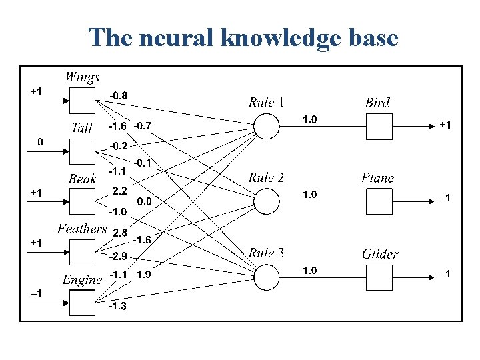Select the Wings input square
[x=83, y=101]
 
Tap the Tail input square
[x=83, y=151]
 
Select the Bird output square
[x=378, y=126]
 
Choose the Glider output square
[x=378, y=277]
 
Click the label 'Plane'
[x=377, y=178]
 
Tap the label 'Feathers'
[x=82, y=229]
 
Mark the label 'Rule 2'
[x=266, y=177]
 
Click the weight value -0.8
[x=118, y=95]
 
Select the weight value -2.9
[x=117, y=257]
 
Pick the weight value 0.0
[x=144, y=201]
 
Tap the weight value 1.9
[x=143, y=274]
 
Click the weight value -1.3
[x=117, y=306]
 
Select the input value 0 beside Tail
[x=40, y=142]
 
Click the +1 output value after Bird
[x=444, y=125]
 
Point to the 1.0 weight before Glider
[x=310, y=271]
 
